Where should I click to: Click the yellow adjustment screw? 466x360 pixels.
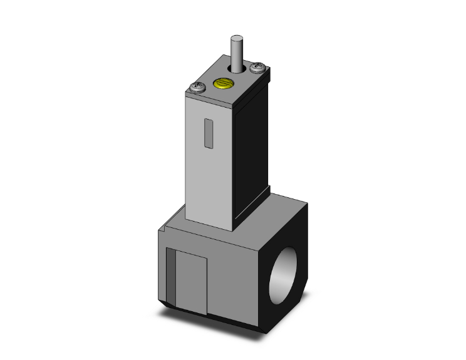(x=222, y=83)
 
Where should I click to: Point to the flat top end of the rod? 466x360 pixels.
(x=236, y=38)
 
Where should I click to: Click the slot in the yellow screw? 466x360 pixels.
(x=222, y=83)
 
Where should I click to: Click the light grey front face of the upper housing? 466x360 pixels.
(x=210, y=169)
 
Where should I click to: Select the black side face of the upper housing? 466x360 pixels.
(x=254, y=144)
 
